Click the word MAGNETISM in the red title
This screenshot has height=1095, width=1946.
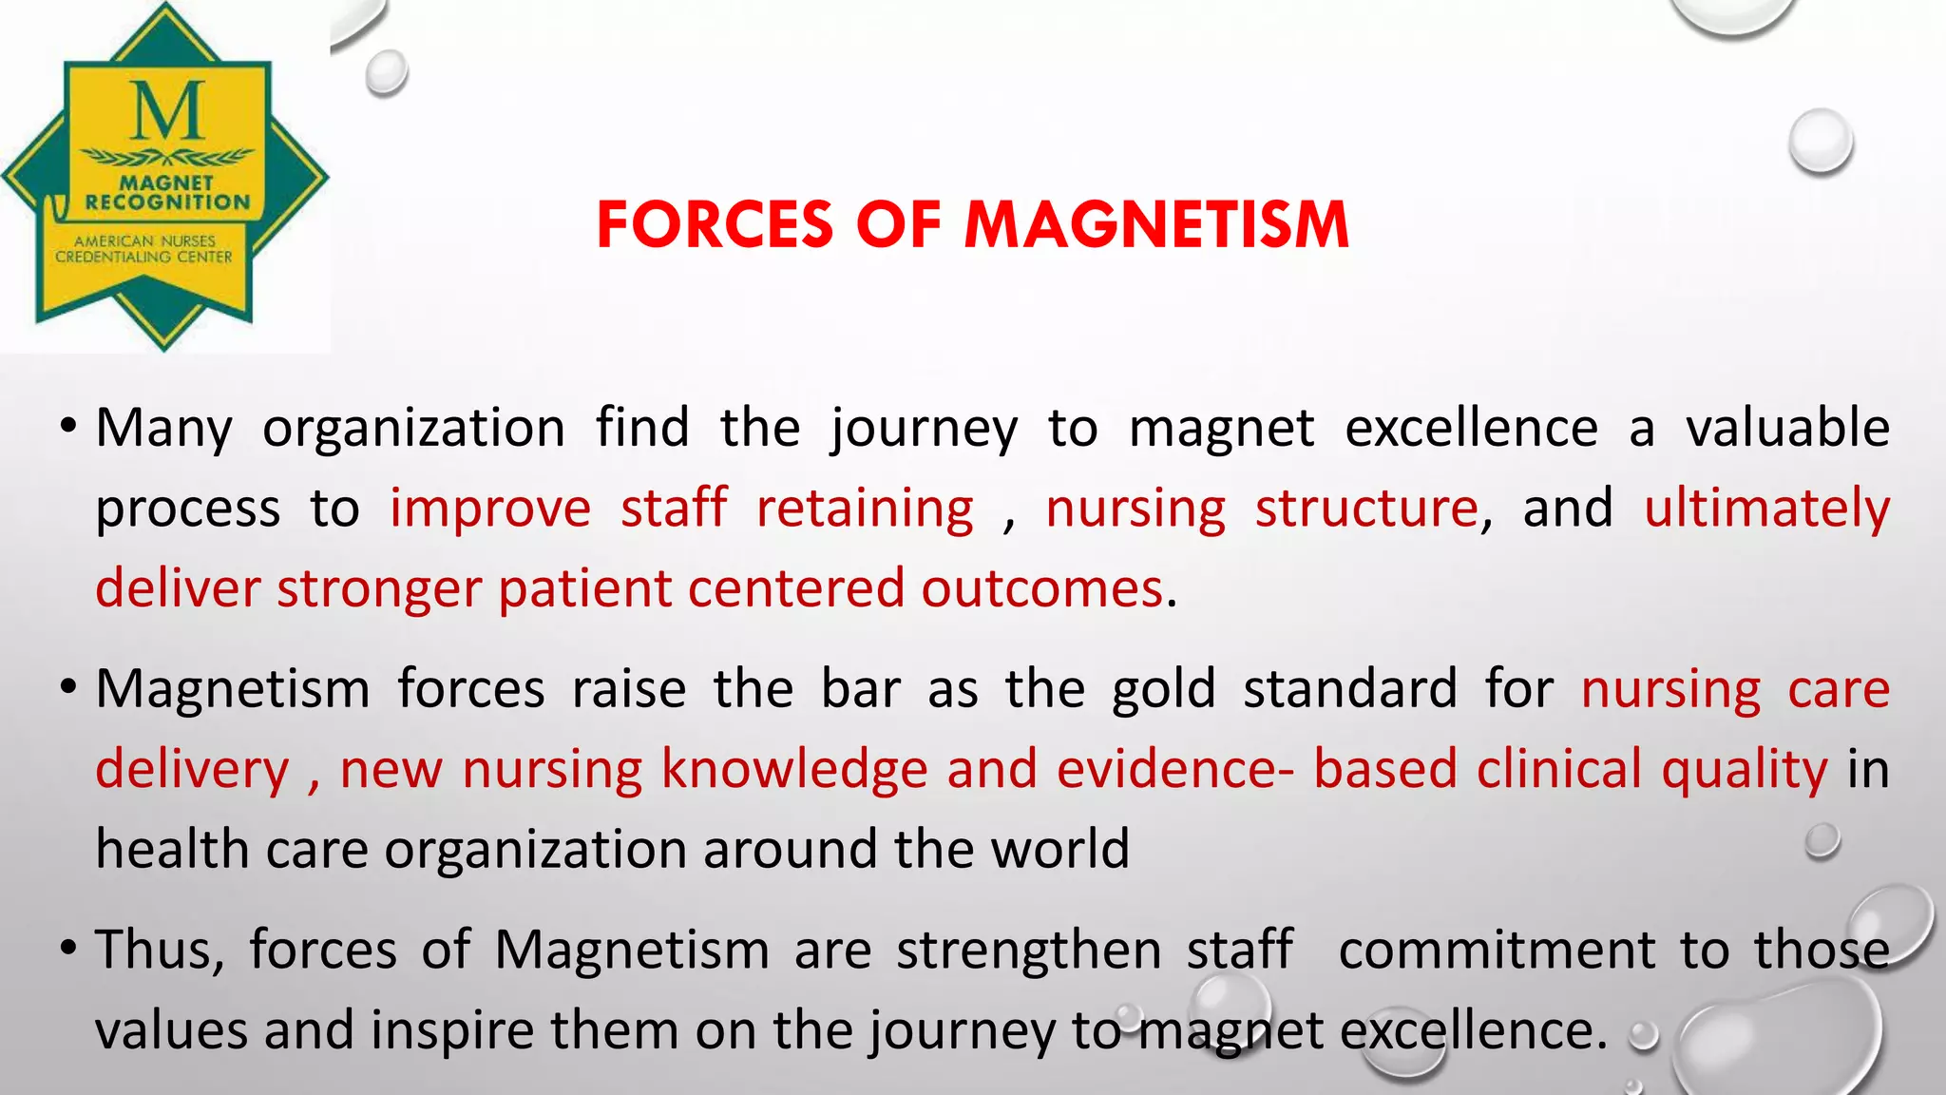click(x=1156, y=225)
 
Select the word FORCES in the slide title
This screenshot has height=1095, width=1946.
click(x=715, y=225)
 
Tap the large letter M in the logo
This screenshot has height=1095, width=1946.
click(x=167, y=112)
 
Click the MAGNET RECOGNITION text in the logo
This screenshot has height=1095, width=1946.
click(x=167, y=192)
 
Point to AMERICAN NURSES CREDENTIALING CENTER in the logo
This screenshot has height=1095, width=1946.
click(x=143, y=249)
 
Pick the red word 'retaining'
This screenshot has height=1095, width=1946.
click(x=865, y=508)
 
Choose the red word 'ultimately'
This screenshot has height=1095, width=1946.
click(x=1766, y=508)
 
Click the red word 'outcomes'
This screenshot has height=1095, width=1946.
click(x=1041, y=588)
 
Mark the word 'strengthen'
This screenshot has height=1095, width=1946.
click(x=1028, y=950)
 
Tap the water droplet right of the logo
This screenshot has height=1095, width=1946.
click(x=386, y=72)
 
